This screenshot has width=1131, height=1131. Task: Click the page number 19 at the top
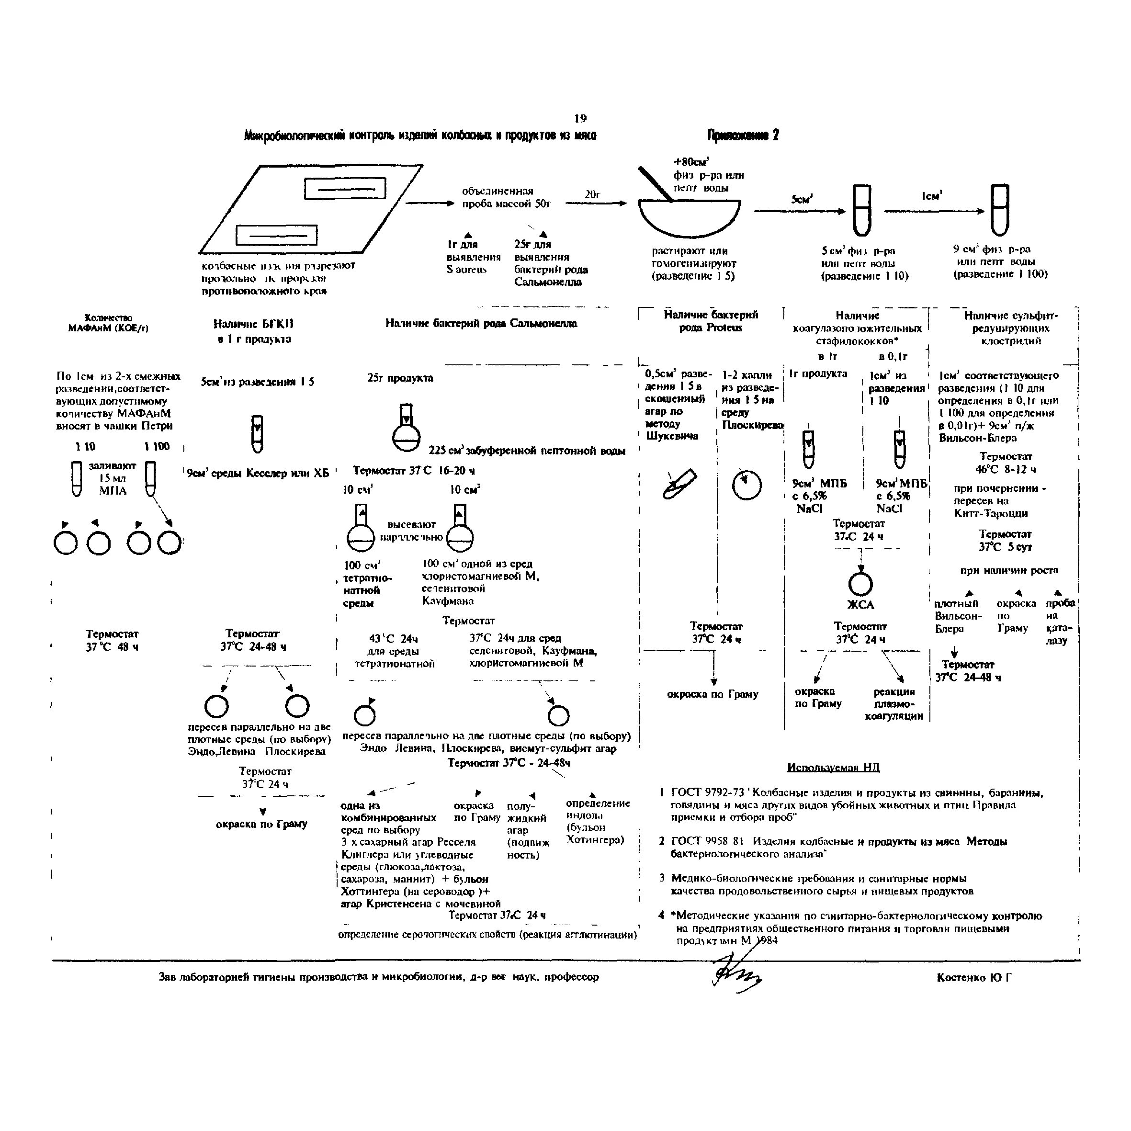(x=580, y=119)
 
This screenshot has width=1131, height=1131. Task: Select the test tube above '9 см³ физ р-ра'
(x=999, y=210)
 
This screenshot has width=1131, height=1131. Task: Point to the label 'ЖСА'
(x=860, y=605)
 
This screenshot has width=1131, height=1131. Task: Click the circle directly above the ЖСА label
(x=860, y=584)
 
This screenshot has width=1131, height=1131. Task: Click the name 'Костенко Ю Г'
(x=974, y=977)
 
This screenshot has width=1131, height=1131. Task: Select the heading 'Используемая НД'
(x=833, y=767)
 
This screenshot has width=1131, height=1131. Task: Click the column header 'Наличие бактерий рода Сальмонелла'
(x=481, y=323)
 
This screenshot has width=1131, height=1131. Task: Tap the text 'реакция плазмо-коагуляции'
(x=894, y=704)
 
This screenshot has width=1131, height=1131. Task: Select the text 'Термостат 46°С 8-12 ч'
(x=1005, y=463)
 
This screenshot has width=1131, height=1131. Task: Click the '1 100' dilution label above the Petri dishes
(x=157, y=447)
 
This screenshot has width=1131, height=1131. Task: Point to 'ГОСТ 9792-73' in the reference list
(x=707, y=792)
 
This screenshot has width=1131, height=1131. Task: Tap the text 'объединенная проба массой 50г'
(x=506, y=197)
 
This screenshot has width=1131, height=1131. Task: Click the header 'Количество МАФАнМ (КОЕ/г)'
(x=108, y=323)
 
